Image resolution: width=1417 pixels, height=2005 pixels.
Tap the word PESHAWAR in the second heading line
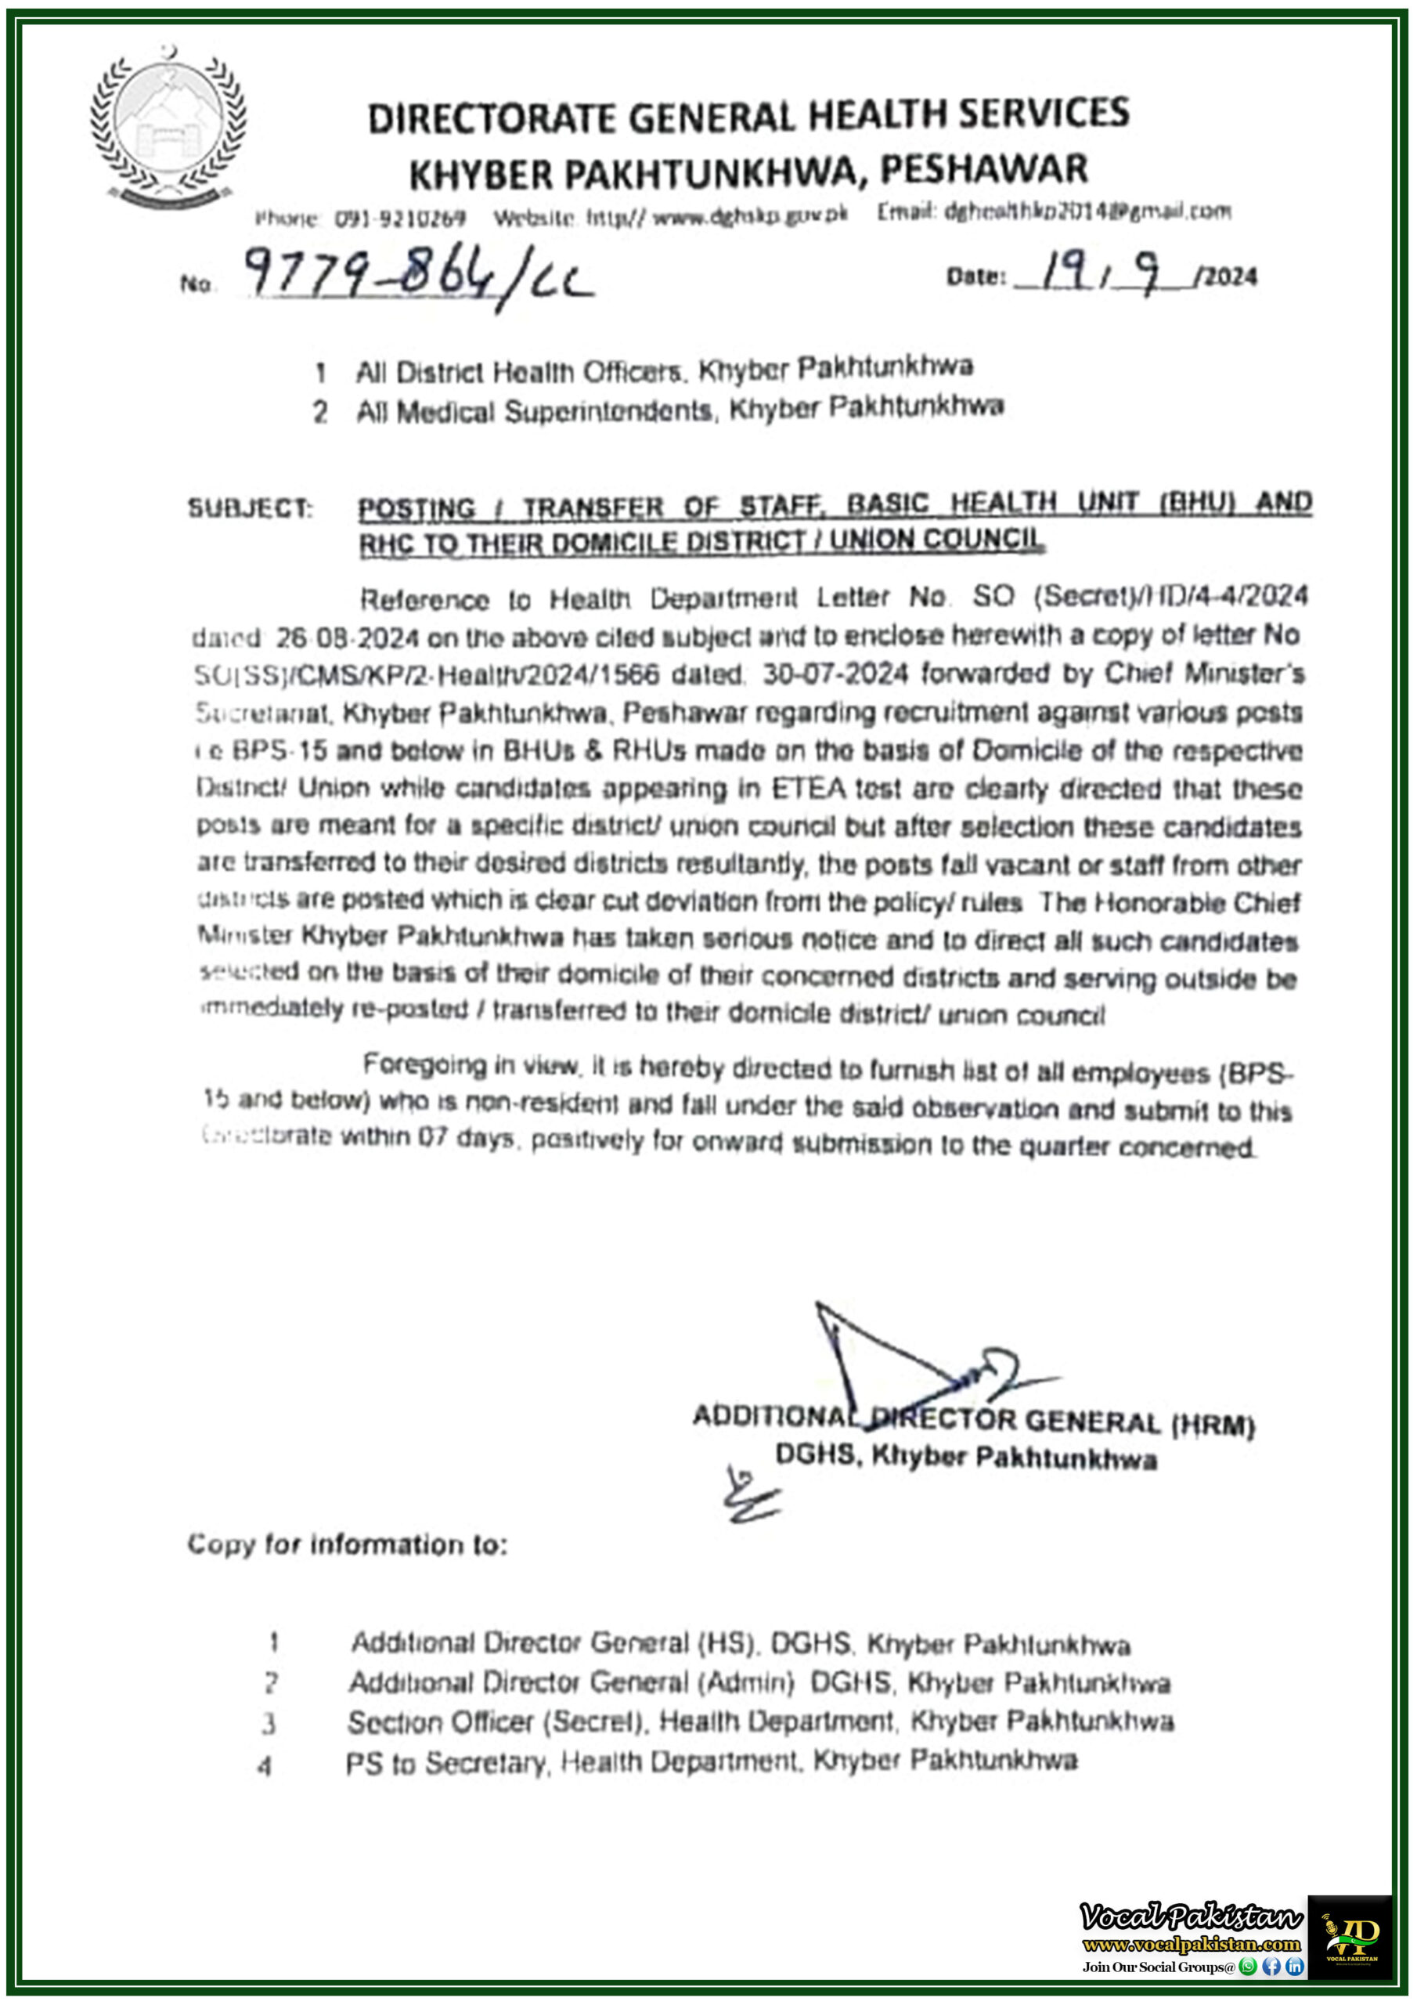click(983, 169)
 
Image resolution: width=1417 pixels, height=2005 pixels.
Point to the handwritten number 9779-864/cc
click(417, 275)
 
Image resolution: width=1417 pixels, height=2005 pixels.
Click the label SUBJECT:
click(250, 508)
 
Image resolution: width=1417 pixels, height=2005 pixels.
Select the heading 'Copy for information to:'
click(347, 1544)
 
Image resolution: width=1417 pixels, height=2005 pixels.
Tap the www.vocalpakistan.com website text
click(1191, 1945)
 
